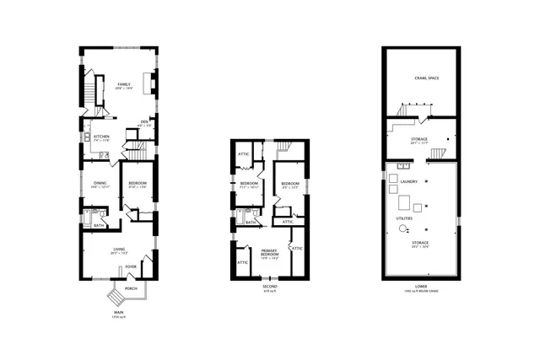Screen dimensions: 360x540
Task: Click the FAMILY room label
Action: click(x=123, y=85)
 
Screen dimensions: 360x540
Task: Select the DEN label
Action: click(x=144, y=122)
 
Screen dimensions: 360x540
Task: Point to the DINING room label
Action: click(x=100, y=182)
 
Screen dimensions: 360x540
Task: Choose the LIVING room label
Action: click(x=120, y=249)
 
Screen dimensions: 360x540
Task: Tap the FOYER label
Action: click(x=131, y=267)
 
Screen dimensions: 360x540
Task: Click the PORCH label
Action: click(x=131, y=288)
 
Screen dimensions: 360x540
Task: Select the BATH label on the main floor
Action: click(x=99, y=225)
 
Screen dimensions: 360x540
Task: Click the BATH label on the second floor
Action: click(x=251, y=223)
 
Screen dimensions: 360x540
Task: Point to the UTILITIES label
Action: click(x=405, y=218)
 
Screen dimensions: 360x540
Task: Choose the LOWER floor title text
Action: click(x=425, y=287)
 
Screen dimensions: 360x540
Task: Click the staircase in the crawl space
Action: click(x=408, y=110)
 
